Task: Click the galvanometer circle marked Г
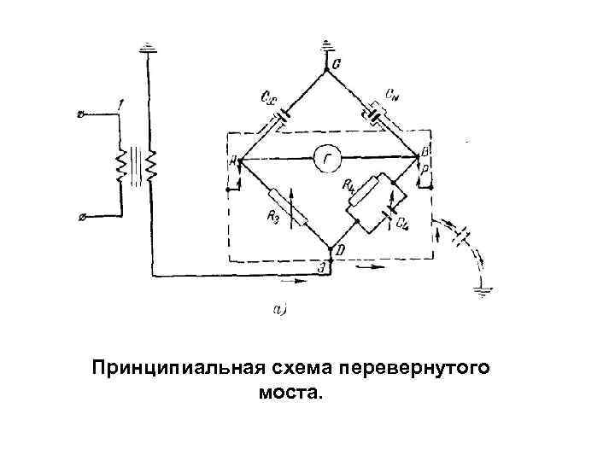coord(325,159)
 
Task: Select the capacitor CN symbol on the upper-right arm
coord(376,112)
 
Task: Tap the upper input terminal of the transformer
coord(82,113)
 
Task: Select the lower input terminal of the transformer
coord(81,219)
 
